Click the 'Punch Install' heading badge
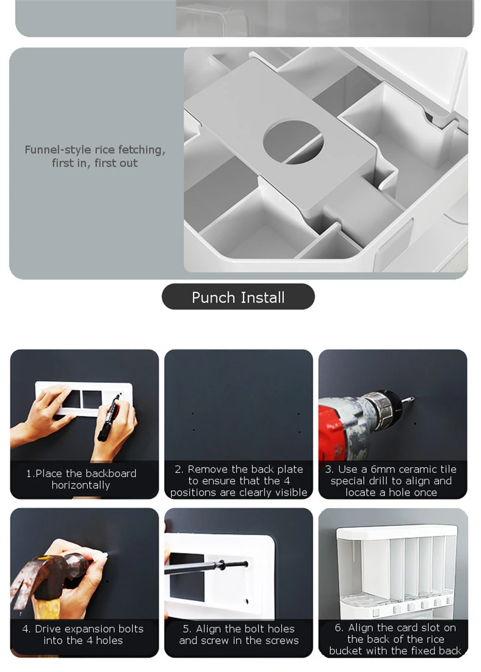238,297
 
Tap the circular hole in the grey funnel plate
293,142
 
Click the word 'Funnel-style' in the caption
58,150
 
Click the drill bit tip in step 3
412,399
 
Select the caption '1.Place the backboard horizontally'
81,479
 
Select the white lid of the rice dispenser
397,533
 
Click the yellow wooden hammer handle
47,609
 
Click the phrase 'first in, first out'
94,163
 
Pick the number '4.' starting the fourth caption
26,629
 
